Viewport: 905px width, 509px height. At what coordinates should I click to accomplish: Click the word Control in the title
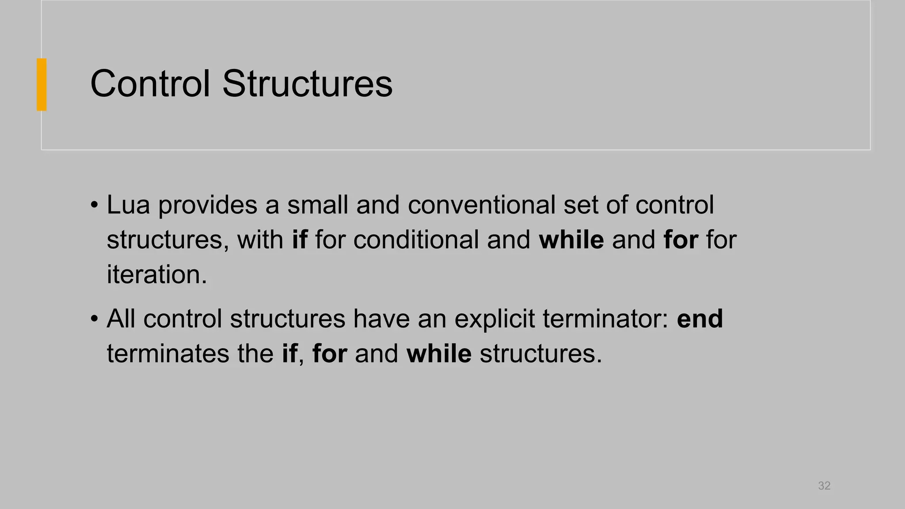pos(150,84)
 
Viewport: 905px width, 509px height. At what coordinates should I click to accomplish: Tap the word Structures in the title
pos(307,84)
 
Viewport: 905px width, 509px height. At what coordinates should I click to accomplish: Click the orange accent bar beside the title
pos(42,84)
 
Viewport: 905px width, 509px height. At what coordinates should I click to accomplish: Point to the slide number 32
pos(824,486)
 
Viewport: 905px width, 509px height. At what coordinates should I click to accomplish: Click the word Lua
pos(128,205)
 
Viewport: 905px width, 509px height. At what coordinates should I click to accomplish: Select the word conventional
pos(481,205)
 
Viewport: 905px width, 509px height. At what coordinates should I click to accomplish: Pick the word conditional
pos(416,240)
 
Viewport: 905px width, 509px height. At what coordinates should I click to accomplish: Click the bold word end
pos(700,319)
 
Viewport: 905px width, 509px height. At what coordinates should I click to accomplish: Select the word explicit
pos(494,319)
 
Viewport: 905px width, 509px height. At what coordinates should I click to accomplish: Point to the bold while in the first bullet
pos(571,240)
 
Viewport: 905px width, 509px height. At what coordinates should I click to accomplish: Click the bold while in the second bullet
pos(439,353)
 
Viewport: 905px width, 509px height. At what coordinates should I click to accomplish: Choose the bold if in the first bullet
pos(299,240)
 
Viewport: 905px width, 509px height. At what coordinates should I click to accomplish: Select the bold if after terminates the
pos(289,353)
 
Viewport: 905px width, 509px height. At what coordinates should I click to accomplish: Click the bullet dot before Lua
pos(94,205)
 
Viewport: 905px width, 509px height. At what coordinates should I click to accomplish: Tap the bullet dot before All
pos(94,319)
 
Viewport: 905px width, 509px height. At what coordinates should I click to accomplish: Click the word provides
pos(208,205)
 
